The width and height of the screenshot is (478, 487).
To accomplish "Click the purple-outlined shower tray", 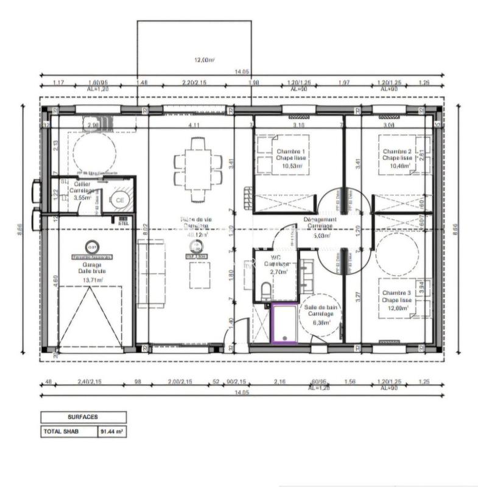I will [284, 324].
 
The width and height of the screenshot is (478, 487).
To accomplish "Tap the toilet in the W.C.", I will [264, 290].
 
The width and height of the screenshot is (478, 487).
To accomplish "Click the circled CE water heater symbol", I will [119, 199].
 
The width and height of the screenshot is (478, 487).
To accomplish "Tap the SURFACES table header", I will [83, 417].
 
